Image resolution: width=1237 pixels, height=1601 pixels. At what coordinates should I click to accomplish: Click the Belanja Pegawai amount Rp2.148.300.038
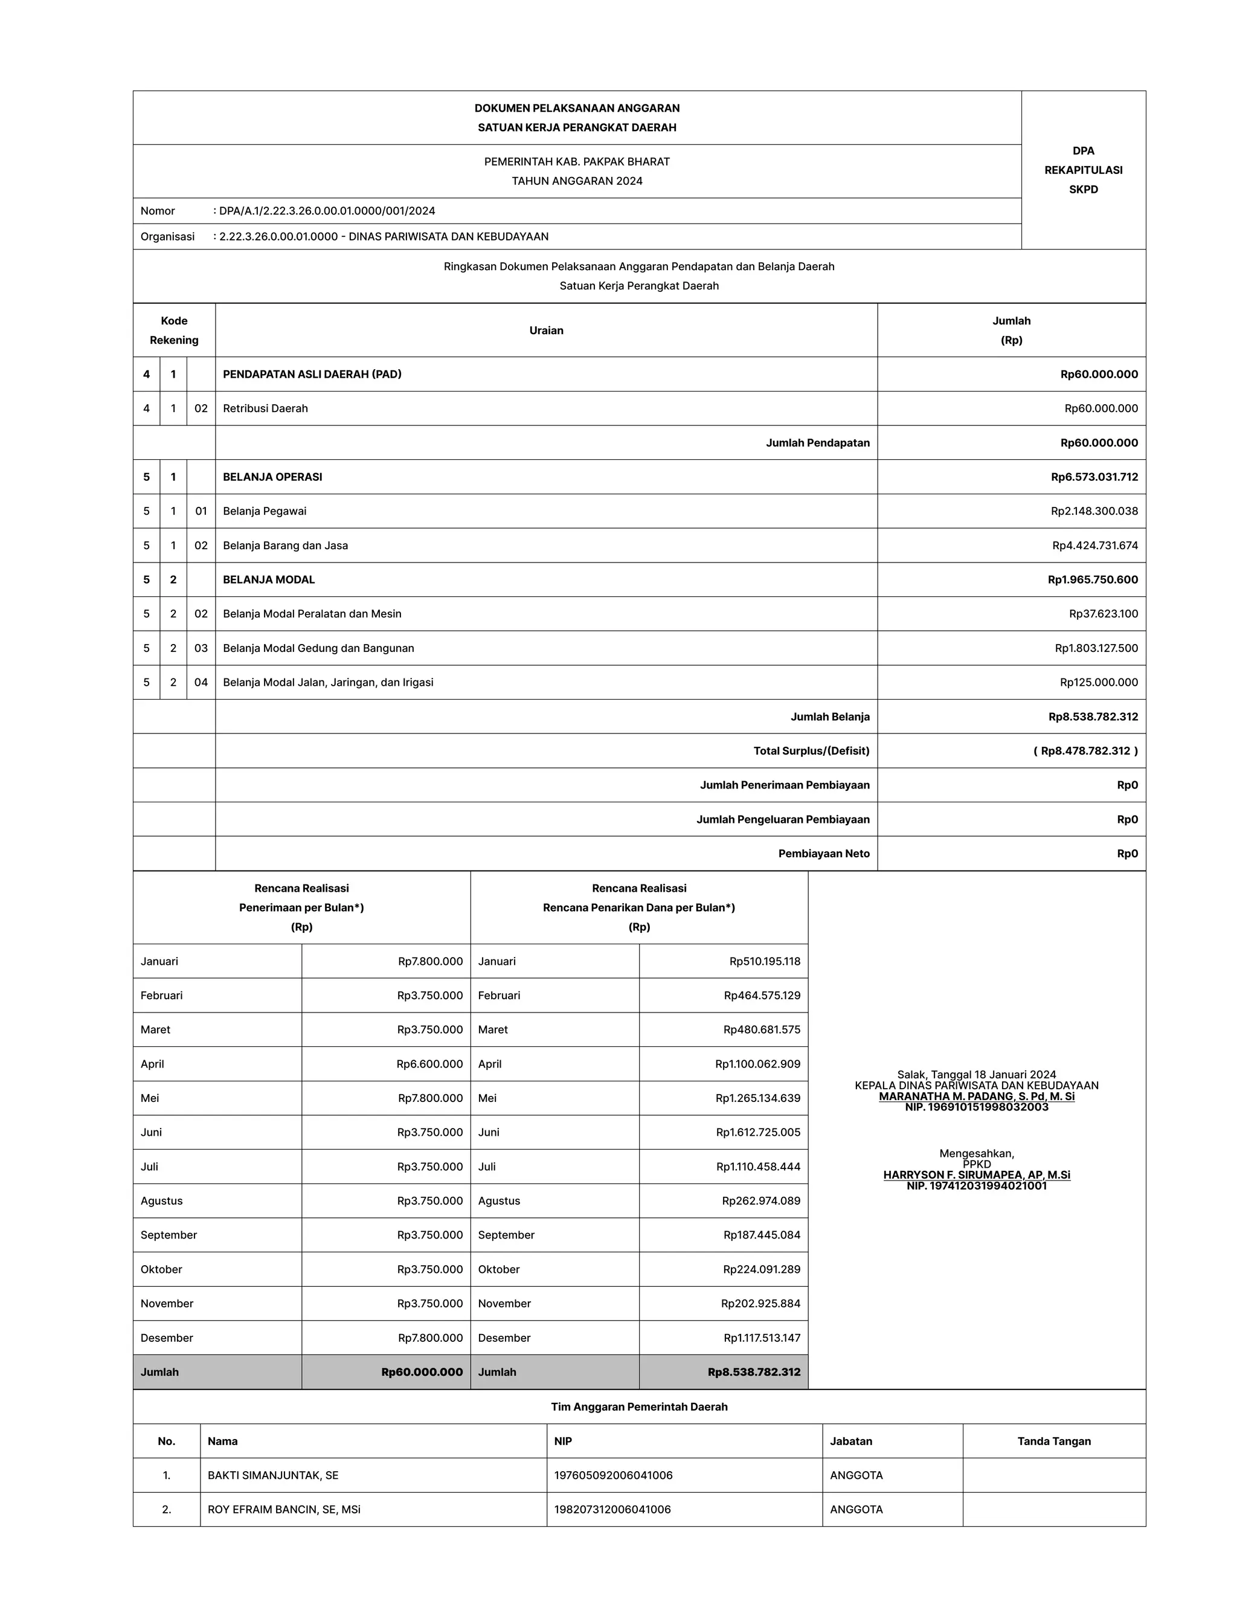[x=1093, y=511]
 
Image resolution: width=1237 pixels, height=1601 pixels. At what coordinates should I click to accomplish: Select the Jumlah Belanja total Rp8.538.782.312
[x=1093, y=716]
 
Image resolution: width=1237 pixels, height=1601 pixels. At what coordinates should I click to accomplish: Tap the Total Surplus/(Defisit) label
[x=811, y=750]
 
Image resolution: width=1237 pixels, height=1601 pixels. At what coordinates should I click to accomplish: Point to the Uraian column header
[x=546, y=330]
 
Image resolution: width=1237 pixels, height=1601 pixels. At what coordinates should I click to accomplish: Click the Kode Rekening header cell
[x=174, y=330]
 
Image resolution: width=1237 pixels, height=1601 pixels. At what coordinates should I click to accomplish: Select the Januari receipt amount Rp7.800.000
[x=430, y=961]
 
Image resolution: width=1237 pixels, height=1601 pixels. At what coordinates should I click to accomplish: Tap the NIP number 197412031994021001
[x=976, y=1186]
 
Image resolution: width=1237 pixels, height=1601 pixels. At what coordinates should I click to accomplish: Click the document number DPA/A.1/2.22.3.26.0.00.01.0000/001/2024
[x=327, y=211]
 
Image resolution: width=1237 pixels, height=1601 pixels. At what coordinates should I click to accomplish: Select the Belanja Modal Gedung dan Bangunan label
[x=318, y=648]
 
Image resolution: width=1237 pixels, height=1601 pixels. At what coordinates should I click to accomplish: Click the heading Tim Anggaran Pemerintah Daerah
[x=639, y=1406]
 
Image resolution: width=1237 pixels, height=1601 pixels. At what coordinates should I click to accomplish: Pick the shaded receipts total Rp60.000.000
[x=422, y=1372]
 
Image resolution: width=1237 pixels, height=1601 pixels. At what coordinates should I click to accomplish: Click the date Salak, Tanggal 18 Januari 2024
[x=976, y=1075]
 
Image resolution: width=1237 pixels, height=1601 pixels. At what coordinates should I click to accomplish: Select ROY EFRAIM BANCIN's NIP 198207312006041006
[x=612, y=1509]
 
